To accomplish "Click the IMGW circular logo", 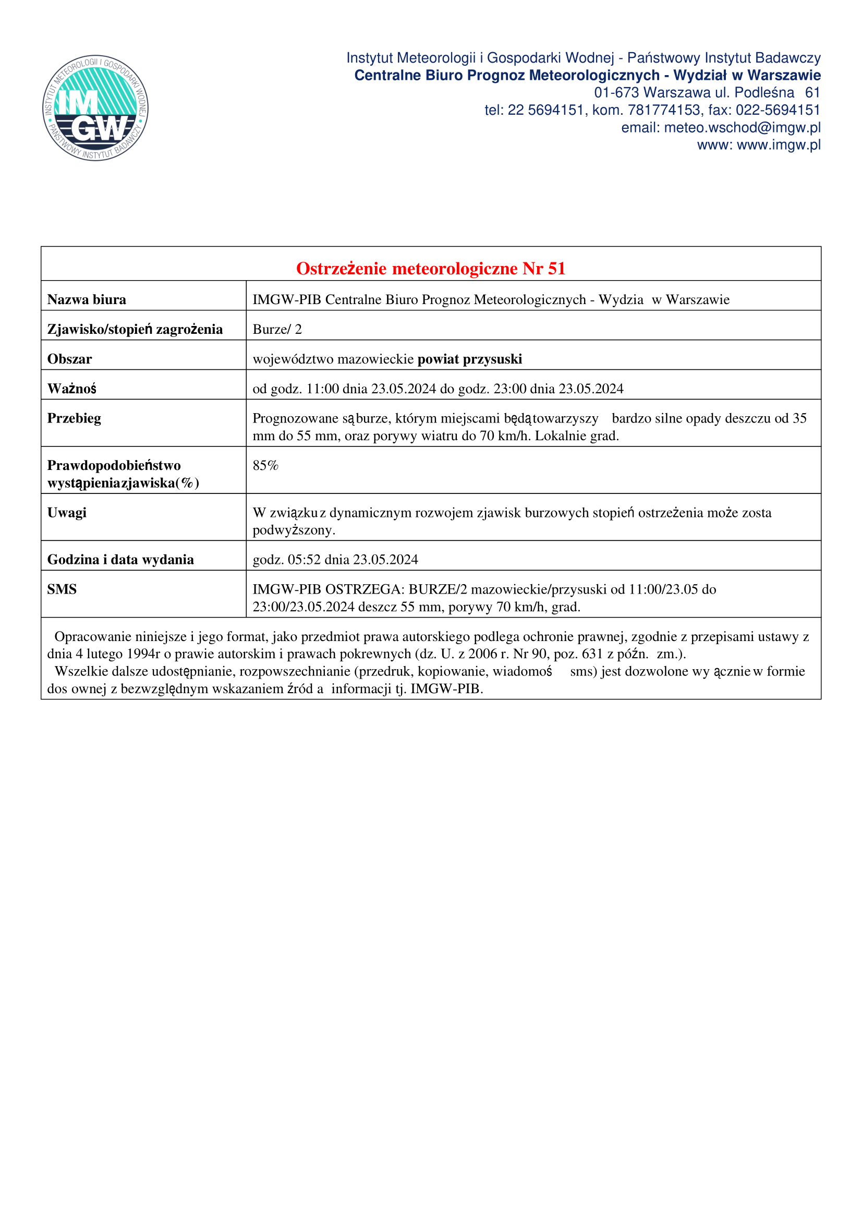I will tap(95, 108).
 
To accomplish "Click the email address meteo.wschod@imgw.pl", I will tap(742, 127).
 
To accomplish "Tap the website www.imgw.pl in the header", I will tap(779, 145).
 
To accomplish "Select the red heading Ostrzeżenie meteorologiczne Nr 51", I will tap(431, 268).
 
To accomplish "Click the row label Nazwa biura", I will tap(87, 300).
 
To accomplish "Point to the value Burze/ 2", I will tap(277, 330).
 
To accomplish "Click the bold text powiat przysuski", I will tap(469, 359).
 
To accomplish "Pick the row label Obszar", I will tap(69, 359).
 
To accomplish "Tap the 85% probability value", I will tap(265, 465).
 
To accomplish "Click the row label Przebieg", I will tap(75, 418).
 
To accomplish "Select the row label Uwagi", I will tap(67, 512).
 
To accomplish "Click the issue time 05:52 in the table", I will tap(305, 560).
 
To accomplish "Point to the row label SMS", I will tap(62, 589).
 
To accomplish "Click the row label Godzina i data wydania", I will tap(120, 560).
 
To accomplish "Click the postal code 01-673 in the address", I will tap(616, 92).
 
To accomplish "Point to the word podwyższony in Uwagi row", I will tap(294, 530).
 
